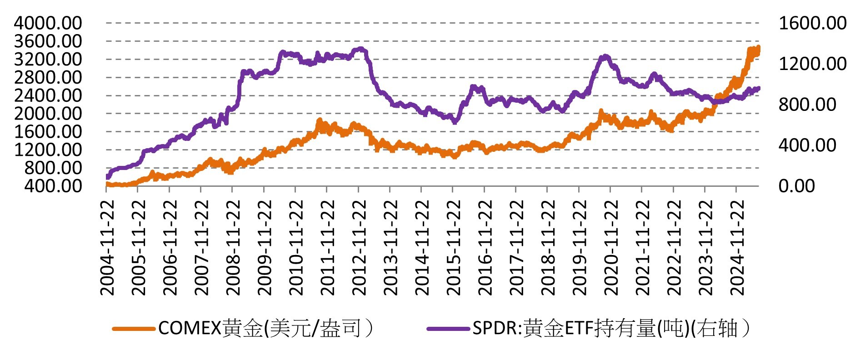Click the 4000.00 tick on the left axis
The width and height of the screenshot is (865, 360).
(x=48, y=23)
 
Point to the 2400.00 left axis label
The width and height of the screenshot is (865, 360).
(x=48, y=95)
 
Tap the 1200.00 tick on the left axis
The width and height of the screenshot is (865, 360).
(x=48, y=150)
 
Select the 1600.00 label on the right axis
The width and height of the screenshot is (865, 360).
(x=813, y=23)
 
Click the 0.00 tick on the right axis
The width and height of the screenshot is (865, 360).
(x=796, y=185)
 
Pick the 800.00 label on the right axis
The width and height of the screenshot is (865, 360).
(x=807, y=104)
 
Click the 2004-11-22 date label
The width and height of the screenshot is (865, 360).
(x=107, y=248)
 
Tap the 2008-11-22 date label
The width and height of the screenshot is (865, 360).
(x=233, y=248)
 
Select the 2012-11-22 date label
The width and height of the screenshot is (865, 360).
(x=359, y=248)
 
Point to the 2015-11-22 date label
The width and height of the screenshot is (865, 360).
(x=454, y=248)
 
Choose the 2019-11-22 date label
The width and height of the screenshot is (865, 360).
(x=580, y=248)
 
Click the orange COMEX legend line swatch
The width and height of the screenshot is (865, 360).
(x=134, y=328)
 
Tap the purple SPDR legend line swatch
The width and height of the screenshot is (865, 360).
(x=448, y=328)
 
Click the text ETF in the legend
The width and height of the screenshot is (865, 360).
(x=579, y=328)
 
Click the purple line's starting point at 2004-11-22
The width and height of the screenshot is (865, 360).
(x=108, y=176)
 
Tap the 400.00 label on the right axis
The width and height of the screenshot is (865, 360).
(x=807, y=145)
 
